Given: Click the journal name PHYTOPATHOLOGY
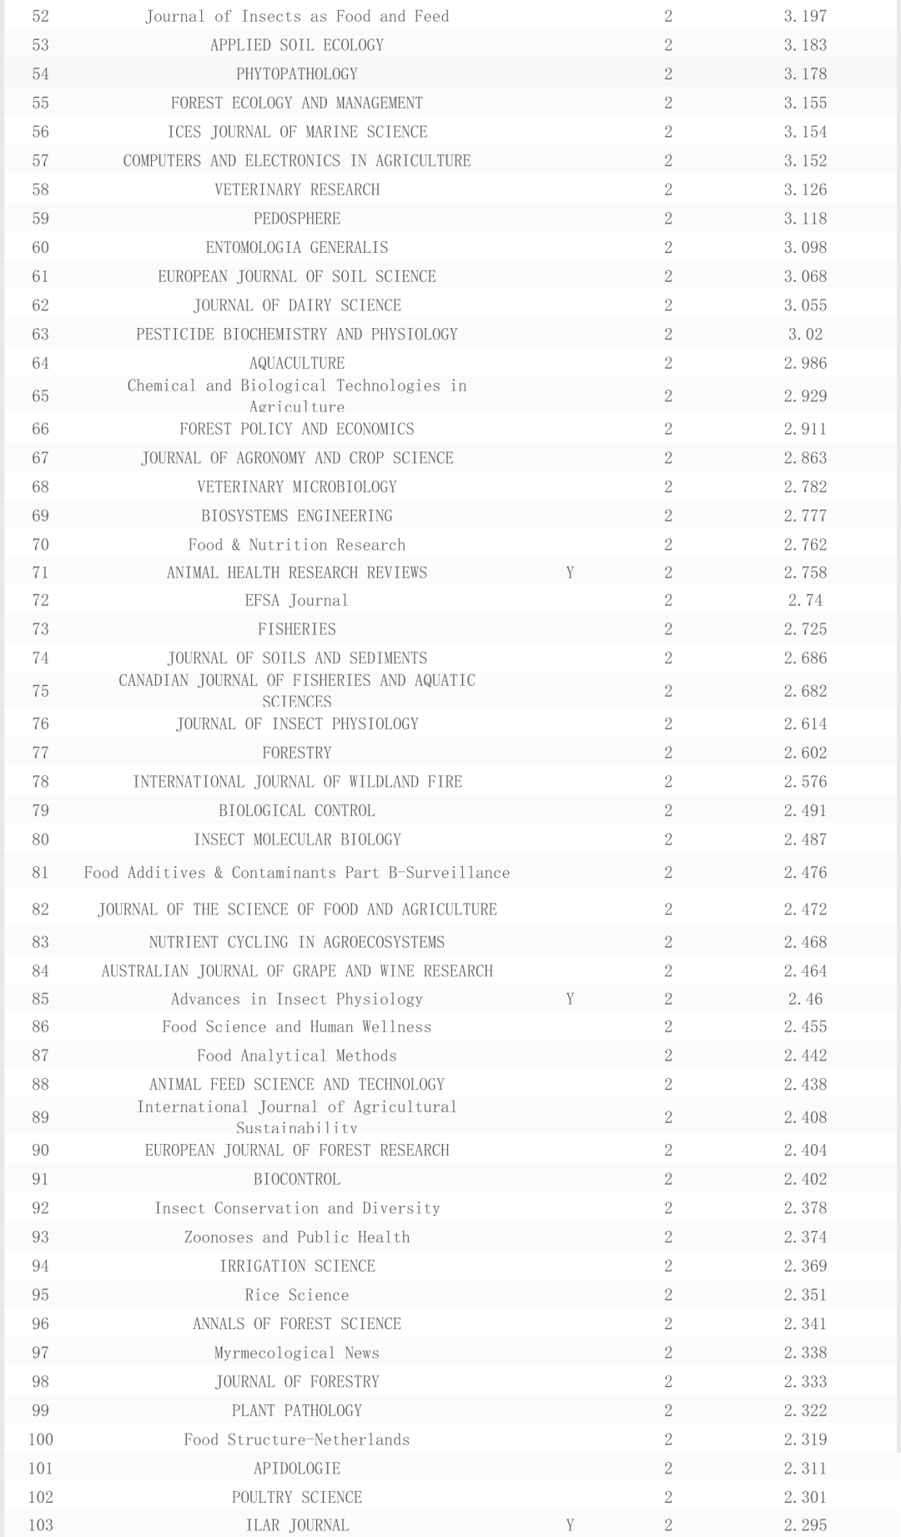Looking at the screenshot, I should [x=296, y=74].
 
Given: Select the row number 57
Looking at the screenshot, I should [x=40, y=161].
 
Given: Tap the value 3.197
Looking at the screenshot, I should [x=805, y=17].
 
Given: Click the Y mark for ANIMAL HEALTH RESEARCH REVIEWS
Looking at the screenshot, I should [x=570, y=573].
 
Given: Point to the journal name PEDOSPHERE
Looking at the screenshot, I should [x=296, y=219].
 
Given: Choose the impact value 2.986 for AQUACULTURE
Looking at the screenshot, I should [x=805, y=364].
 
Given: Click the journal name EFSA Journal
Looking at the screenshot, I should [x=296, y=601].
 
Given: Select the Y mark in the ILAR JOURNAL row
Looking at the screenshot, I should [x=570, y=1525].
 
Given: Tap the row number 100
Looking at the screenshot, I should [x=40, y=1439].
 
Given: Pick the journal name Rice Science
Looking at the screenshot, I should [x=296, y=1295].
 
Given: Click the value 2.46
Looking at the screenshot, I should [x=805, y=1000].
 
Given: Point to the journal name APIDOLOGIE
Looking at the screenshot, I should [x=296, y=1469].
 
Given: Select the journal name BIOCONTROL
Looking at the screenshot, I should [x=296, y=1179].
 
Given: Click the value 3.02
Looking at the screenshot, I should [x=805, y=335].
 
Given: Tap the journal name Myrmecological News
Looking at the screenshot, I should [x=296, y=1353].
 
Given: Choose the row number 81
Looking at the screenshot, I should [x=40, y=873].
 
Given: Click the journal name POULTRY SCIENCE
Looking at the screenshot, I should [x=296, y=1497].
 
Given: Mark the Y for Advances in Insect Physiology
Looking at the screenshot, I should [x=570, y=1000].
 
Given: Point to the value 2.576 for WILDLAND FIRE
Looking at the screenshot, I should [x=805, y=782].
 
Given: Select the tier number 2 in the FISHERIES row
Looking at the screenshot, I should [x=668, y=629].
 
